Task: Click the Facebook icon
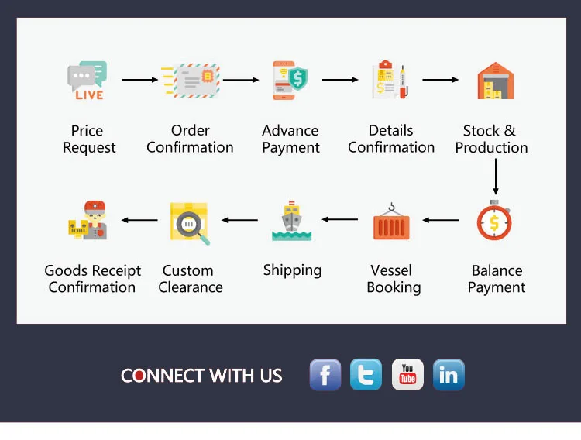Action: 325,375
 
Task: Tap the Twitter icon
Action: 366,375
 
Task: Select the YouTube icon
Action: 407,375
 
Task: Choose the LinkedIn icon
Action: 449,375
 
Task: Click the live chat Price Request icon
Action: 88,80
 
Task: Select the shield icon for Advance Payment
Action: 290,80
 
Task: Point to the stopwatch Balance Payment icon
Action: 495,222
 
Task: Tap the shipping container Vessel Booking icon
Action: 391,222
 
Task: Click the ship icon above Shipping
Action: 291,222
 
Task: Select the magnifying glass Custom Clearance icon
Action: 190,223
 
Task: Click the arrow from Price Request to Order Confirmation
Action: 139,80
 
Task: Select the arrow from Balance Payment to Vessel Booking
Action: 441,220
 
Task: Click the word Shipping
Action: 292,270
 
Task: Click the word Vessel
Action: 391,271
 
